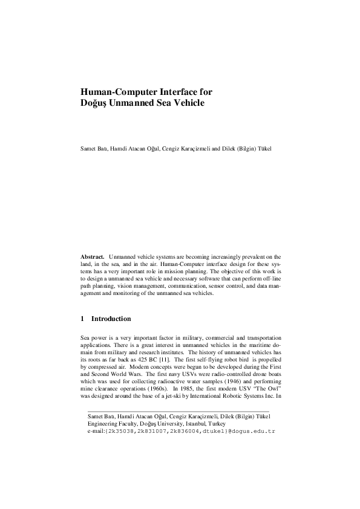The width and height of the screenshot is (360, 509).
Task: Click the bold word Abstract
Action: tap(93, 257)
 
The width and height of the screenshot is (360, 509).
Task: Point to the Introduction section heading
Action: tap(111, 319)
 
